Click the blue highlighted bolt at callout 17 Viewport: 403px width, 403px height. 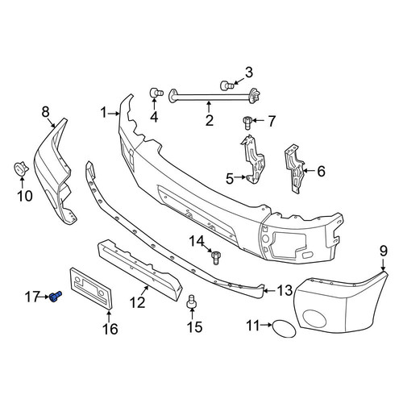[56, 297]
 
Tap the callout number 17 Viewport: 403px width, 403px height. [32, 297]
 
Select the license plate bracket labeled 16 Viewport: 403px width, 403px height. [91, 289]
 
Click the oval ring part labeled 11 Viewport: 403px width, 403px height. [284, 329]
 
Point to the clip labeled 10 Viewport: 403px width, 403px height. [21, 168]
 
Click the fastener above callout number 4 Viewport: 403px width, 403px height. [156, 93]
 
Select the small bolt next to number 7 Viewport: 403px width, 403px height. [247, 123]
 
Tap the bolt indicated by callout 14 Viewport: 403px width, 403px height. [216, 257]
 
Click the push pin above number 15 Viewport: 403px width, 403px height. [191, 302]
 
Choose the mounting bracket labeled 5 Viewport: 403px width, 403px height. [253, 160]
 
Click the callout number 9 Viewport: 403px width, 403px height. [384, 251]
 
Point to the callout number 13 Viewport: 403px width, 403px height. [285, 290]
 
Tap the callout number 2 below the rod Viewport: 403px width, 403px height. [210, 120]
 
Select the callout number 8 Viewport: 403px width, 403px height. [46, 112]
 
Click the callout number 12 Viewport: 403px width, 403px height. [137, 302]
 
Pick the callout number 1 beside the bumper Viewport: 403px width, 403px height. [104, 113]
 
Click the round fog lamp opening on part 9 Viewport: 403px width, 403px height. [314, 320]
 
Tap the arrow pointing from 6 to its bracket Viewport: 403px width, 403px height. [310, 170]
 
